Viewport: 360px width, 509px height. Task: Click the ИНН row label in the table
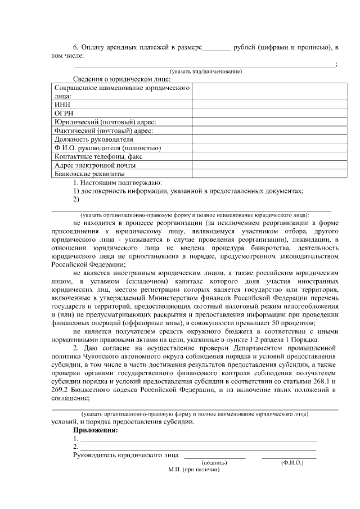click(x=62, y=105)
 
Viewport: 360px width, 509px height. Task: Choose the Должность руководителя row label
click(x=93, y=139)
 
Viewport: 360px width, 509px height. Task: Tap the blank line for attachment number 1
click(x=197, y=440)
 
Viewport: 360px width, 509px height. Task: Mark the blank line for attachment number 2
click(x=197, y=448)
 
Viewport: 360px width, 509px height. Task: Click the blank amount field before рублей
click(x=216, y=48)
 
